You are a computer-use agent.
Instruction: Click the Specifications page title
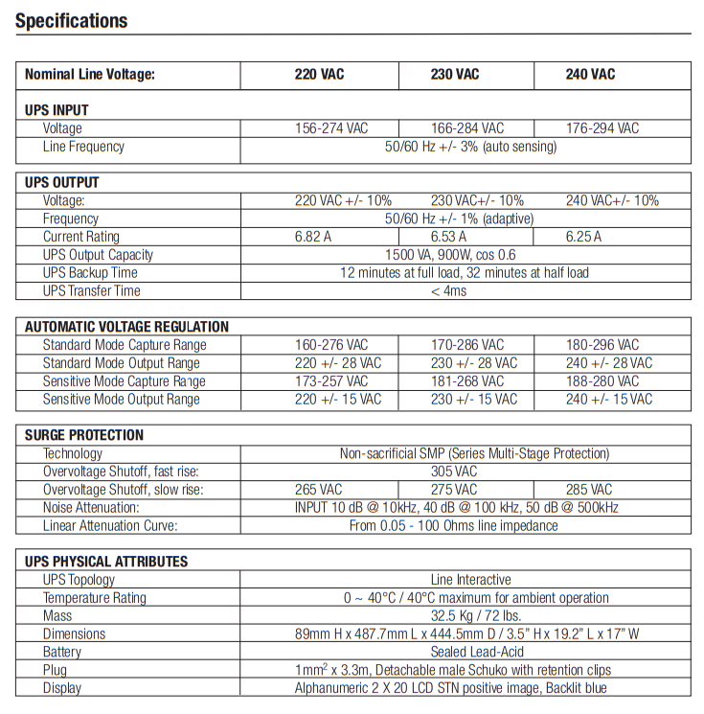[x=72, y=20]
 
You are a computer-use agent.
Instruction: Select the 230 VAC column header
[x=455, y=75]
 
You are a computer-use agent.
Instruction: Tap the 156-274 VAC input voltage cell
[x=330, y=128]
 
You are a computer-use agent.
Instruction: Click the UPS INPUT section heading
[x=57, y=110]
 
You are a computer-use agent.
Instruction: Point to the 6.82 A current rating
[x=313, y=237]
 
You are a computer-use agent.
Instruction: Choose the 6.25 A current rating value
[x=583, y=237]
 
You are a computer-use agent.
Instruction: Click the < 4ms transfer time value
[x=448, y=291]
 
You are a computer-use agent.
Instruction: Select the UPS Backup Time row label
[x=90, y=273]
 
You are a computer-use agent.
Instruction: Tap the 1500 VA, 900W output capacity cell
[x=464, y=255]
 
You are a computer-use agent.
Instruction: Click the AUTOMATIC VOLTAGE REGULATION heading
[x=126, y=327]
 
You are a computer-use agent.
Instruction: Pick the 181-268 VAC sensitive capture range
[x=467, y=381]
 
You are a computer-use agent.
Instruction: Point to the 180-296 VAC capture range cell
[x=602, y=345]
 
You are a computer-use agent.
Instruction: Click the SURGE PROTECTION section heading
[x=84, y=435]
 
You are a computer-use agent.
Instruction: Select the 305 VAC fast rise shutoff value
[x=453, y=472]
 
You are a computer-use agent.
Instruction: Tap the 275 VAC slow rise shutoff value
[x=454, y=490]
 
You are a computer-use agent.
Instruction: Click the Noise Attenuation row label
[x=91, y=508]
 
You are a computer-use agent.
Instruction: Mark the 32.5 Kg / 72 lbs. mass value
[x=464, y=616]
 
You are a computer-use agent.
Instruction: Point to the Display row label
[x=62, y=688]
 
